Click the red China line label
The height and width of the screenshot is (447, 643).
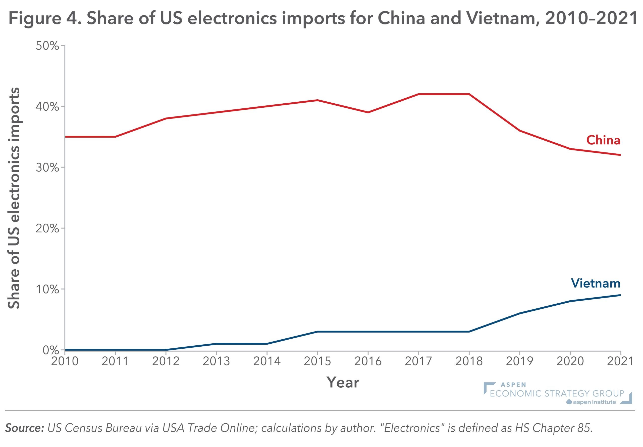[603, 140]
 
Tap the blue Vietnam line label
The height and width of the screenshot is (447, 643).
[596, 283]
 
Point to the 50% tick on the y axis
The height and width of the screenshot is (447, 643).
[47, 46]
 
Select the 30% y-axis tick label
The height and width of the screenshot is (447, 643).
[47, 168]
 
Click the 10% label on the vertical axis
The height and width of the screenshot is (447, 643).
[47, 289]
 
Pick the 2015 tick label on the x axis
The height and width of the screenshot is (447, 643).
[317, 361]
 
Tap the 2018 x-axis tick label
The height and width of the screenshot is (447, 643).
[469, 361]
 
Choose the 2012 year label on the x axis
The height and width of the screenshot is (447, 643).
[166, 361]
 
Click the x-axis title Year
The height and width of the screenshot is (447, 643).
[343, 382]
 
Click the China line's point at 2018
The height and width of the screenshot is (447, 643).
[469, 94]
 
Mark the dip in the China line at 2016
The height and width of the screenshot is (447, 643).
[368, 112]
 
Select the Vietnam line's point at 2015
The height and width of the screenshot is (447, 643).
[317, 332]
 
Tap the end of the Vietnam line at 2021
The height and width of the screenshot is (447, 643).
[620, 295]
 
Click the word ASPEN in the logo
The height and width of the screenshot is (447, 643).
[513, 385]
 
